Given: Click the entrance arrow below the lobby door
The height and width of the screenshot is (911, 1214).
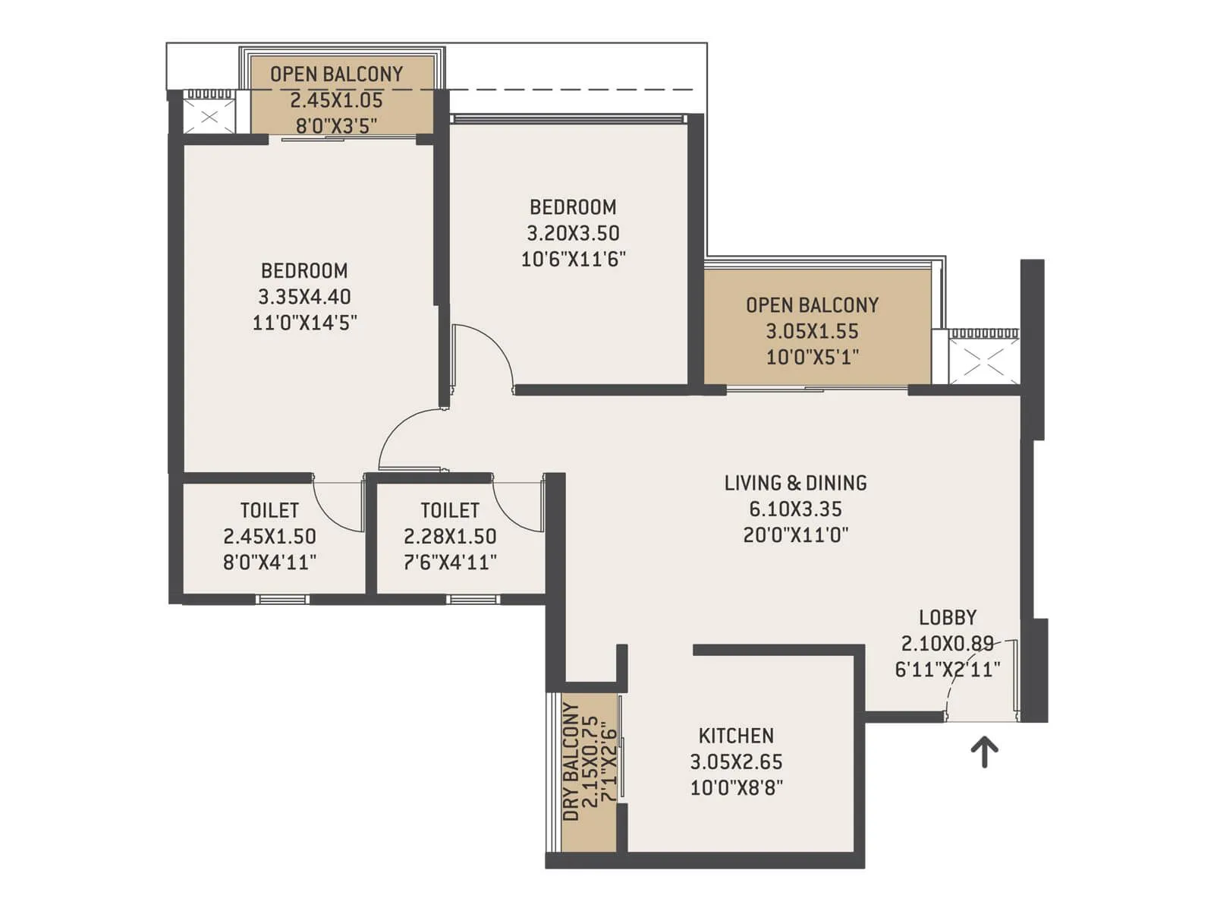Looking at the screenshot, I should pos(985,752).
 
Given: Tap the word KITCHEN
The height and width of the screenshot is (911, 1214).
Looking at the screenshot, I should pos(736,736).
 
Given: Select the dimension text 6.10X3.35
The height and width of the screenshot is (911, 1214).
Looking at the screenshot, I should pos(795,509).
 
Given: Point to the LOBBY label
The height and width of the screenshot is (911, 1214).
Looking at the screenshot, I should pos(948,617).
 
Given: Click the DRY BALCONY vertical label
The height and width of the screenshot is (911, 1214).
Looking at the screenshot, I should pos(571,761).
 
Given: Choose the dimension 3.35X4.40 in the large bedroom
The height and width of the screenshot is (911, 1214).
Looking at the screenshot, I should pos(304,297).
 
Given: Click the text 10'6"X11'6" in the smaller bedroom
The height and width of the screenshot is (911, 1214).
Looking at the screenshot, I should pos(573,259).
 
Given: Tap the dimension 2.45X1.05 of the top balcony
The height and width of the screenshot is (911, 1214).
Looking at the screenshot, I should pos(336,100).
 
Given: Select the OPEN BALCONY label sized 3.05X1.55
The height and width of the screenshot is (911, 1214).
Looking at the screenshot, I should pos(812,305).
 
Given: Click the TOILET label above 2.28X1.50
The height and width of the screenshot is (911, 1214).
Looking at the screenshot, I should pos(450,510).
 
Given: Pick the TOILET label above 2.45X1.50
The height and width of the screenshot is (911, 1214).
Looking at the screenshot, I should pos(269,510).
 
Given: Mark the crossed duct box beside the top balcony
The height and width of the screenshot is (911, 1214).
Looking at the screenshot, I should pos(210,117).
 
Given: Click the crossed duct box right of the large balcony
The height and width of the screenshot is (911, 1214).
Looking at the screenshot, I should pos(984,361).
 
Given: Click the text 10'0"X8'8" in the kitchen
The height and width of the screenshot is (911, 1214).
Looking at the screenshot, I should pos(736,787).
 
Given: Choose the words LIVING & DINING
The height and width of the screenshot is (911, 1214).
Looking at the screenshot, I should pos(795,483).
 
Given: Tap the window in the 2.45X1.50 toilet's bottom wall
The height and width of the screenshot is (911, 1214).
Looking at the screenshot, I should pos(281,600).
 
